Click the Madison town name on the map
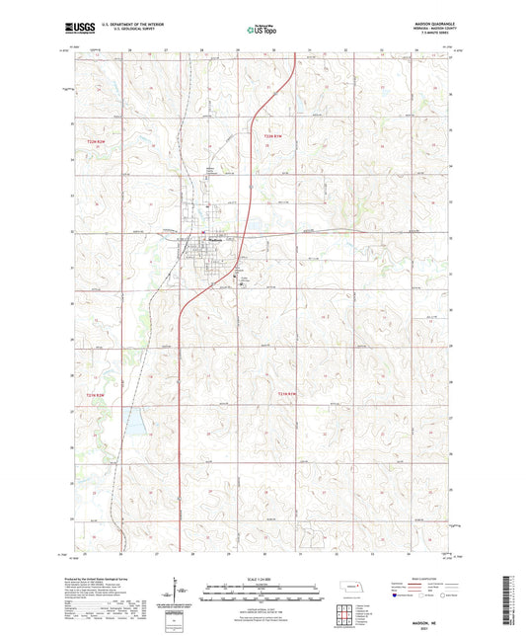tap(211, 240)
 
